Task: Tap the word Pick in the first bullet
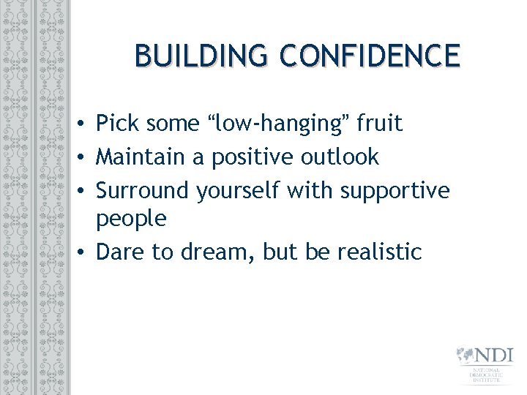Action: click(119, 124)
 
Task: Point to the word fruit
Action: click(378, 124)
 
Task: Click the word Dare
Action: click(121, 252)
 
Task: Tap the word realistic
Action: click(380, 252)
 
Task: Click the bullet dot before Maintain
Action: click(85, 157)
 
